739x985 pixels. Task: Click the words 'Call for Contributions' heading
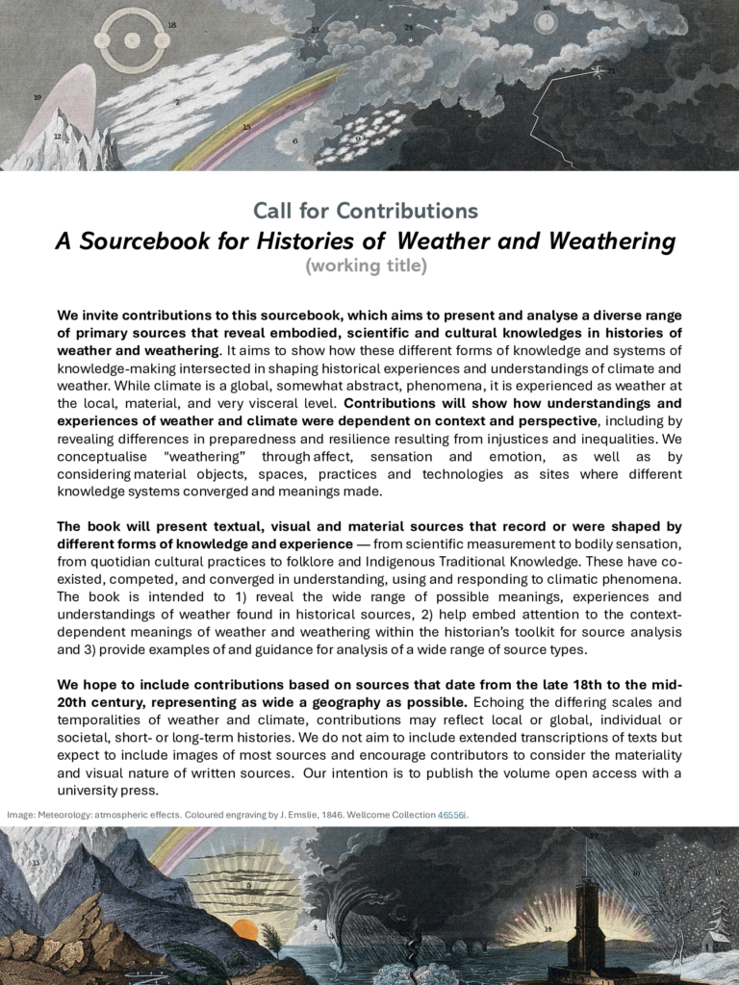point(366,210)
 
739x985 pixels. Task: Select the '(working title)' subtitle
point(366,265)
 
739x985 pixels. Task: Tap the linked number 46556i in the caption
point(452,815)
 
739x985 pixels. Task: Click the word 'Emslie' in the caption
point(288,815)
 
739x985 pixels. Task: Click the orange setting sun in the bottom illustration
point(244,930)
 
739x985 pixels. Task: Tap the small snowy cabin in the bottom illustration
point(715,941)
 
